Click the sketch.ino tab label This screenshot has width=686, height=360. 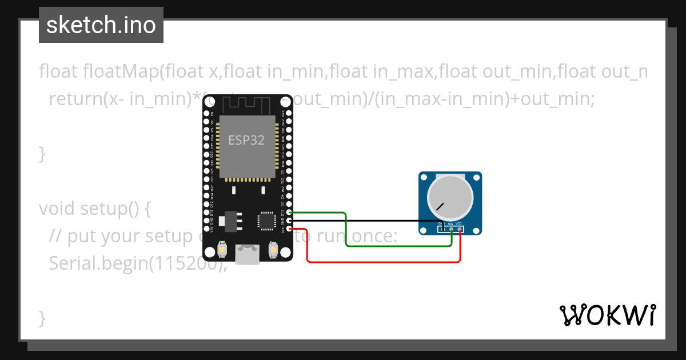click(101, 25)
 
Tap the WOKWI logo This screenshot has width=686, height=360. click(607, 315)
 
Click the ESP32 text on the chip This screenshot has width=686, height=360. click(246, 140)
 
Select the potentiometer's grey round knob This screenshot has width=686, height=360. click(451, 198)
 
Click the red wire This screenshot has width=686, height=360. click(383, 262)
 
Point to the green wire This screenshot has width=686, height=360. click(400, 246)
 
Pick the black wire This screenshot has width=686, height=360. click(366, 221)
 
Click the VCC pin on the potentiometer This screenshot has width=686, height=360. click(460, 229)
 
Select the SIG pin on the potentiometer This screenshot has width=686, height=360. click(451, 229)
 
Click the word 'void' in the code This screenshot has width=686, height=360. click(58, 209)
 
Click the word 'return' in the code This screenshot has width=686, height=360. click(74, 99)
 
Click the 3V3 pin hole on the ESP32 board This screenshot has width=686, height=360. click(290, 229)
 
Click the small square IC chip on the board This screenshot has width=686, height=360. click(267, 221)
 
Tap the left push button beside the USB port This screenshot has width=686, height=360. click(222, 250)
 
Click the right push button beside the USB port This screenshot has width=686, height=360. click(273, 250)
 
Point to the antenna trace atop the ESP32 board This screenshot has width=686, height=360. click(247, 105)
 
